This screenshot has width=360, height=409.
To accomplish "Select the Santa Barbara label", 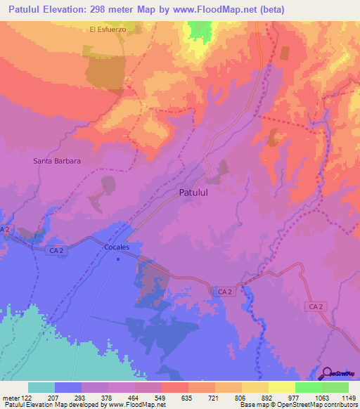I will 57,161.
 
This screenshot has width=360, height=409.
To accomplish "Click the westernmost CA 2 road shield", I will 6,230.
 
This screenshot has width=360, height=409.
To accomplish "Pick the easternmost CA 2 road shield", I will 316,306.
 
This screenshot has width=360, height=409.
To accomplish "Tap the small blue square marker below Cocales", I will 118,259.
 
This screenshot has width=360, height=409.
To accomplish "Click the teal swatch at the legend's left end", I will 41,387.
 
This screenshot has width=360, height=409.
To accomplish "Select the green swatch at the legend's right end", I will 335,387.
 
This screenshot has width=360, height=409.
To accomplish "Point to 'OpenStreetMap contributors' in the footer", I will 316,404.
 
